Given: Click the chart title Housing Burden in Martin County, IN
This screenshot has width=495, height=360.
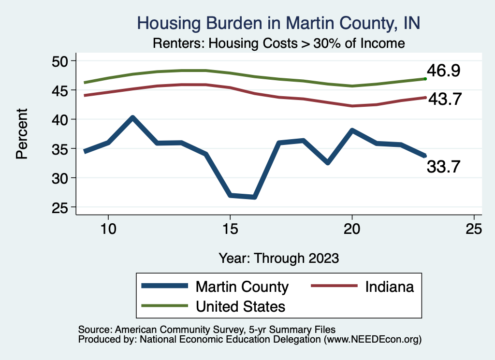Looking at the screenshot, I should click(278, 23).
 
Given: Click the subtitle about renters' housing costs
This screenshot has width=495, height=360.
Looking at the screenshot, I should click(278, 43).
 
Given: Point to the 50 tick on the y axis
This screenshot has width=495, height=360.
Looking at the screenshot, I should click(61, 61).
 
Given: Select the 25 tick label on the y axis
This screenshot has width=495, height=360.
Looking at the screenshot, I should click(61, 208).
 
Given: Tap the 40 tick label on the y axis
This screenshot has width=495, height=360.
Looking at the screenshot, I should click(61, 119).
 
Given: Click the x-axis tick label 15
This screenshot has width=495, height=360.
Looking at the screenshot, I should click(230, 228).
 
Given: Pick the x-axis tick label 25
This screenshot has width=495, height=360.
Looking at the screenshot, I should click(474, 228).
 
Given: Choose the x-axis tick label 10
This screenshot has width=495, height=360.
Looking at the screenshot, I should click(108, 228).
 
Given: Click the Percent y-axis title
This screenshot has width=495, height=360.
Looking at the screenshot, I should click(22, 134).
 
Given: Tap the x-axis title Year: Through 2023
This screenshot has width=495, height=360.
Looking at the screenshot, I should click(278, 258).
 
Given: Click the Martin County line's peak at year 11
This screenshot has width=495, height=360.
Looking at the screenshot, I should click(132, 117).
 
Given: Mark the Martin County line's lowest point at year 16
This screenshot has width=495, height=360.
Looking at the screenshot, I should click(254, 197).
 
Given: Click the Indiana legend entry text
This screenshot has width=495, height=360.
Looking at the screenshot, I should click(390, 287).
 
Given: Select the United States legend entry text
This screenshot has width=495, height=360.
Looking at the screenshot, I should click(240, 306).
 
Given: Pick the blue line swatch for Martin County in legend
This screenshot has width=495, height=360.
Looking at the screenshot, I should click(164, 287).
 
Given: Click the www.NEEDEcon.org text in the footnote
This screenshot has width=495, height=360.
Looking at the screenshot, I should click(372, 340).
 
